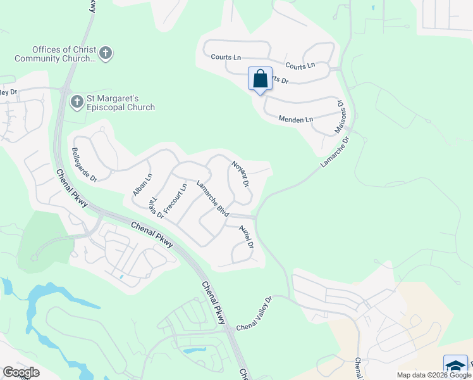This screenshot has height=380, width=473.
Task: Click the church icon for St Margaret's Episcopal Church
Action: tap(77, 101)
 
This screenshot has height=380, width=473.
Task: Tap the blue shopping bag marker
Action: tap(260, 79)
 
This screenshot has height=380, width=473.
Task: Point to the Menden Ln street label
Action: tap(296, 119)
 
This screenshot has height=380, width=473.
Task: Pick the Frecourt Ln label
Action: tap(175, 199)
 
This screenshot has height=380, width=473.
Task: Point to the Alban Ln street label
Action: tap(142, 184)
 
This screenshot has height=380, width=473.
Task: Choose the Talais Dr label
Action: tap(156, 208)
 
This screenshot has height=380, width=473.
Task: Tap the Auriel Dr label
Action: tap(246, 236)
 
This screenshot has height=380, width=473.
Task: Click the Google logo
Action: tap(21, 372)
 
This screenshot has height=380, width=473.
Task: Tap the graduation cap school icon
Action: tap(455, 367)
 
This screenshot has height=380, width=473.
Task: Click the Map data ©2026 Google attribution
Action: tap(433, 375)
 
